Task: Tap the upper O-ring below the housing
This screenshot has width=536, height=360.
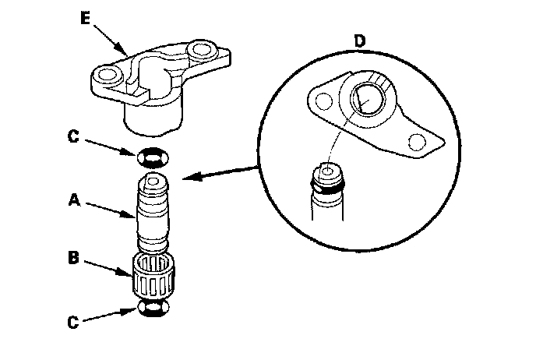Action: (152, 158)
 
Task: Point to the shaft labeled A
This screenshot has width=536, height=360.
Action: (153, 214)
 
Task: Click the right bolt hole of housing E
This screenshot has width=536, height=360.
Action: (205, 54)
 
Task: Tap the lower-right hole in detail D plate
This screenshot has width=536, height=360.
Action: (418, 143)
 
